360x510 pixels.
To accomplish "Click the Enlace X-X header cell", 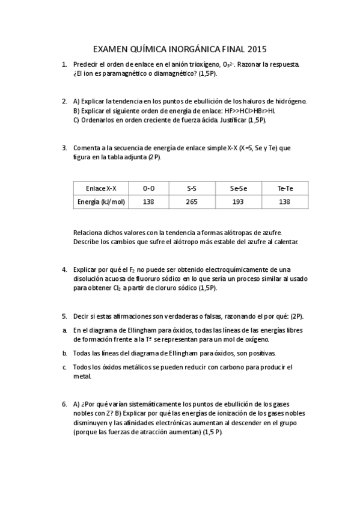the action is coord(102,188).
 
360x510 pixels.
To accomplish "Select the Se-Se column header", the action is coord(239,188).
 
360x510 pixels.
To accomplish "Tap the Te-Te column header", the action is coord(285,188).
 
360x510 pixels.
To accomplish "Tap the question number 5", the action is coord(64,316).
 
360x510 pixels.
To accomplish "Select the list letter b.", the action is coord(64,353).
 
